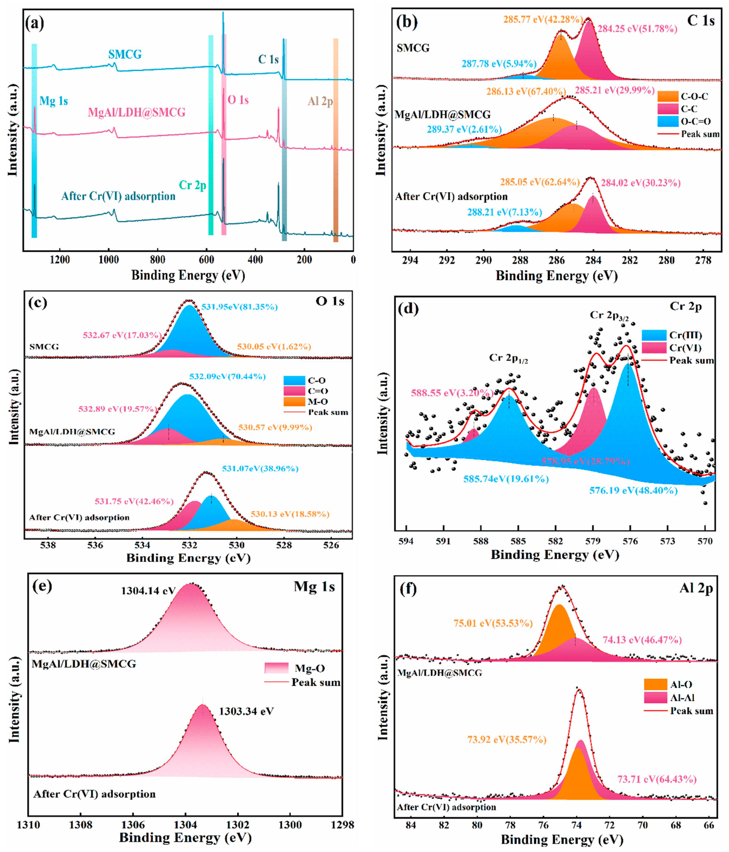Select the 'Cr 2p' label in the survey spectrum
192,185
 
